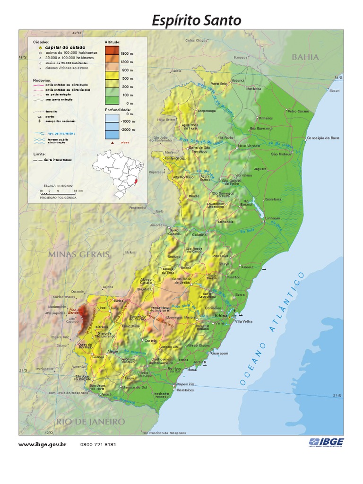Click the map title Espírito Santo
(196, 20)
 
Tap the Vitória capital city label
(221, 315)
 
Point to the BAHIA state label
(305, 57)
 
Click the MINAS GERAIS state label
(78, 254)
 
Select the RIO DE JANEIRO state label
(91, 421)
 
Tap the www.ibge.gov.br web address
(42, 444)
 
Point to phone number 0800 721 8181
(98, 444)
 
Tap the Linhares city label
(273, 218)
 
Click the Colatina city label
(199, 234)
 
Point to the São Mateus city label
(281, 154)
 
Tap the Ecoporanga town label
(207, 111)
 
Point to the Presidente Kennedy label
(161, 396)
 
